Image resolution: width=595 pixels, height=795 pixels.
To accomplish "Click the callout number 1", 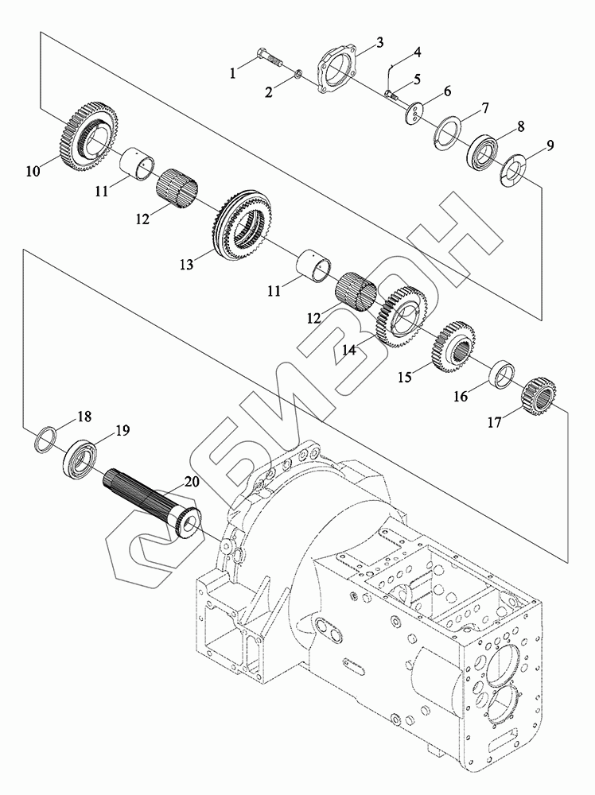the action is pos(233,73).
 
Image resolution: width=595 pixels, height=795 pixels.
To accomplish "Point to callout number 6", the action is pos(448,93).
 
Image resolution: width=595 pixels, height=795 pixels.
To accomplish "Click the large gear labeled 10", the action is pos(84,134).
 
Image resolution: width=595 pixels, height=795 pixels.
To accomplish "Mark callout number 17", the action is pos(495,423).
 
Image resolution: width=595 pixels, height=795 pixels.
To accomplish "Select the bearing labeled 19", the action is pos(81,460).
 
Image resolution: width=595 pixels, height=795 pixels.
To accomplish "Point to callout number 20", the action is pos(191,482).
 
